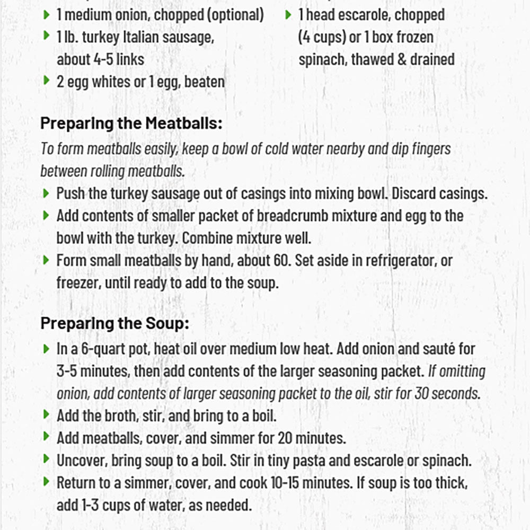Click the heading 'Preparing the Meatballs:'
(x=131, y=123)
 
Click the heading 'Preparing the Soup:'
(x=114, y=323)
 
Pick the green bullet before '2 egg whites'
(x=46, y=81)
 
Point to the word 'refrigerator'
(x=395, y=260)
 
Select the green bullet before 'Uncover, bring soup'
(x=46, y=459)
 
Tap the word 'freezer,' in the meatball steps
(x=79, y=282)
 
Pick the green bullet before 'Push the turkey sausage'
(x=46, y=192)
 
